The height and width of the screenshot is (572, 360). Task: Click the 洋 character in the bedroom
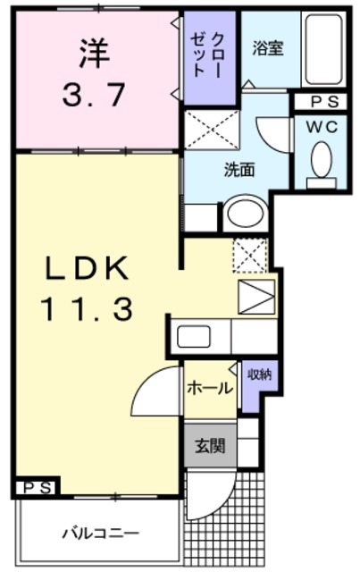click(93, 53)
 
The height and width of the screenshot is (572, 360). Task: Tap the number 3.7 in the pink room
click(93, 94)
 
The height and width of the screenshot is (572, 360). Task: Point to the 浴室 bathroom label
click(267, 48)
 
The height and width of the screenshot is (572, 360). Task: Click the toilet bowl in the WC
click(320, 161)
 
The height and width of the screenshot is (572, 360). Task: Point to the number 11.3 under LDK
click(87, 309)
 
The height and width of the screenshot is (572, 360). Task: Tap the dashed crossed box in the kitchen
click(249, 256)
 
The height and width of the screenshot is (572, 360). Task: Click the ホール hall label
click(211, 388)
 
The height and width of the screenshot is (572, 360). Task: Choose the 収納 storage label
click(260, 374)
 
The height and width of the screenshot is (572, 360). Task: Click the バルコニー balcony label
click(100, 534)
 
